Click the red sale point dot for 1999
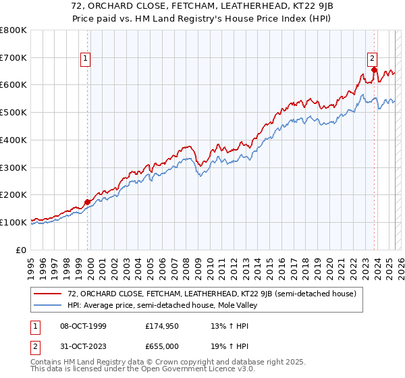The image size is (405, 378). tap(88, 201)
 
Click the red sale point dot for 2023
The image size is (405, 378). tap(373, 70)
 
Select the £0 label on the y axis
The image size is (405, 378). tap(22, 249)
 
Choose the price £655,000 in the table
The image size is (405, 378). tap(163, 346)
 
